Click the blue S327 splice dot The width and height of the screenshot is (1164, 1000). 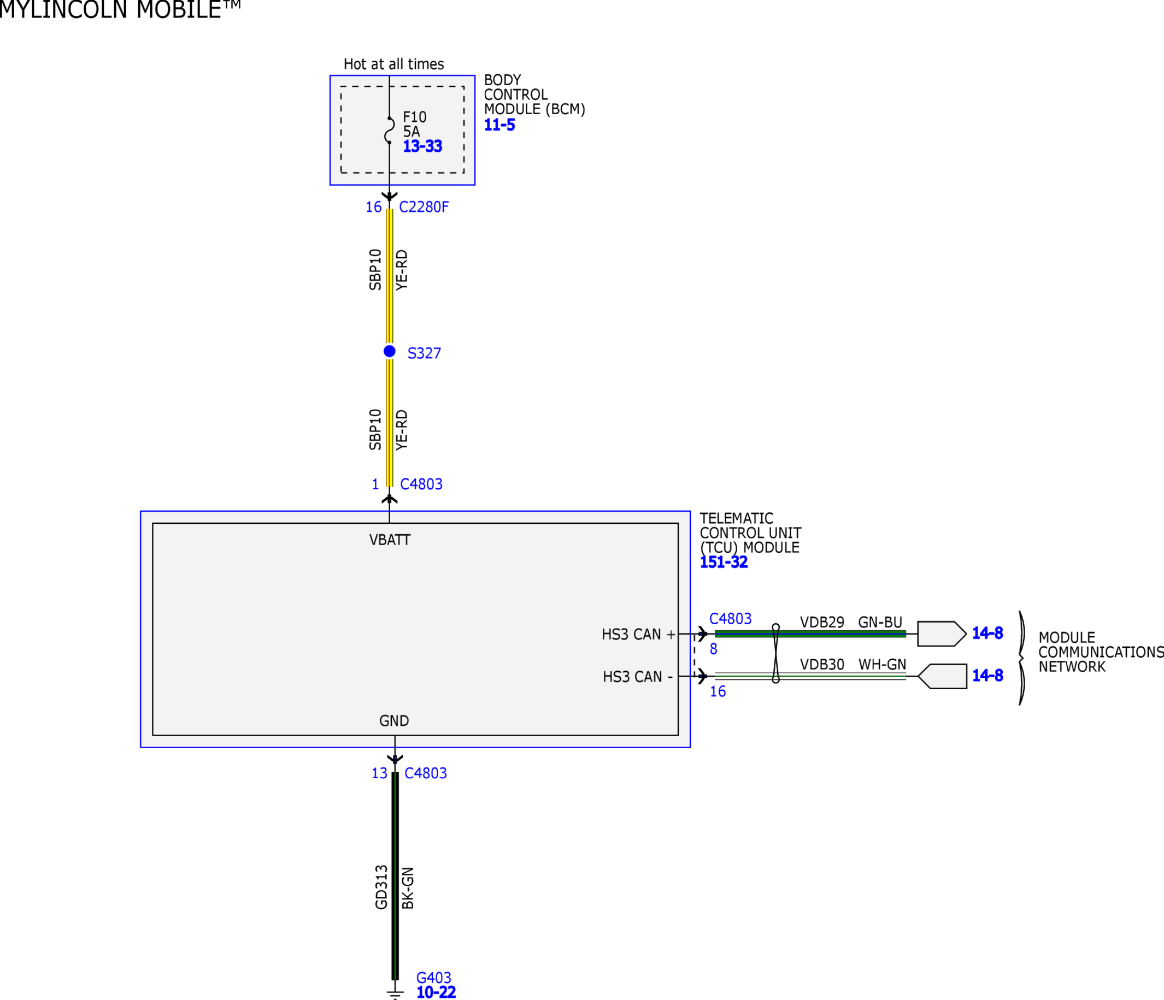pos(389,351)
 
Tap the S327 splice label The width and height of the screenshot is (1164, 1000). pos(424,353)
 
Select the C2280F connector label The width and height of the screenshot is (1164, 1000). pos(424,207)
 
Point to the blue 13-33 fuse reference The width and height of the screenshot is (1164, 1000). pos(422,146)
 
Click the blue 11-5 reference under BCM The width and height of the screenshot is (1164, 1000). pos(499,125)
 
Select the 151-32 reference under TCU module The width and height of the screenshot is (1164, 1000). pos(724,562)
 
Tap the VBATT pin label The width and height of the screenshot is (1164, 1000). pos(390,540)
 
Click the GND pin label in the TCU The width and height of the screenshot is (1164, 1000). pos(394,720)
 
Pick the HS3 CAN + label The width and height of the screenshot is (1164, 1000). pos(638,635)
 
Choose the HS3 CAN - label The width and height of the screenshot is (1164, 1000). pos(638,677)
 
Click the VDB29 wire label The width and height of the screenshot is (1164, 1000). pos(822,622)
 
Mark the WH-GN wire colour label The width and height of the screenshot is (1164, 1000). pos(882,664)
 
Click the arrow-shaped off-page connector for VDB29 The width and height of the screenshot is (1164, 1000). pos(942,634)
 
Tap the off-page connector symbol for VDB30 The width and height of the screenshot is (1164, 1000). pos(942,676)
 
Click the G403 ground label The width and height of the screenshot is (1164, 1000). pos(434,978)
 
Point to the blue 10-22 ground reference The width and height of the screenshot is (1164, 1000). pos(436,992)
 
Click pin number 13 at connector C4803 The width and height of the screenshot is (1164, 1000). pos(379,773)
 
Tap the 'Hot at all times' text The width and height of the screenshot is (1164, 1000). pos(394,64)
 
